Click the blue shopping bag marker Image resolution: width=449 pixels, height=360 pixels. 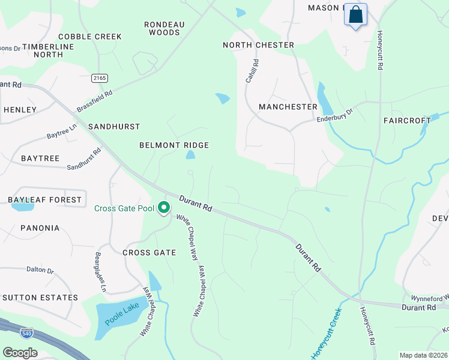click(355, 14)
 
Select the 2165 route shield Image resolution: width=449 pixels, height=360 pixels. click(100, 78)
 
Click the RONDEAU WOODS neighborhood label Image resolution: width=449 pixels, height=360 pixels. click(164, 29)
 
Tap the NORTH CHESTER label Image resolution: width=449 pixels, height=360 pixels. click(258, 45)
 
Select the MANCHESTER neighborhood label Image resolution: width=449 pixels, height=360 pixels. click(288, 107)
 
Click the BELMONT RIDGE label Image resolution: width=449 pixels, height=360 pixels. click(174, 145)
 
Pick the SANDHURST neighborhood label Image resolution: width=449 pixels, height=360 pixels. click(114, 127)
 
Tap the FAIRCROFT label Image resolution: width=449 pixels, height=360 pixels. click(408, 121)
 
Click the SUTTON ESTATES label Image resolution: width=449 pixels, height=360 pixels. click(40, 298)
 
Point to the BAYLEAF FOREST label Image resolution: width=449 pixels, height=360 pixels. click(44, 200)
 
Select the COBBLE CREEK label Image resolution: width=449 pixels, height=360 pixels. click(90, 37)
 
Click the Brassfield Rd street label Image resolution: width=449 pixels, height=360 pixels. click(95, 101)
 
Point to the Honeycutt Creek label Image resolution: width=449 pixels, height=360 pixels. click(326, 334)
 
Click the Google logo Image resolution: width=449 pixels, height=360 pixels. click(20, 353)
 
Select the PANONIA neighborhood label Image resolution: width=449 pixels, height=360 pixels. click(40, 228)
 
